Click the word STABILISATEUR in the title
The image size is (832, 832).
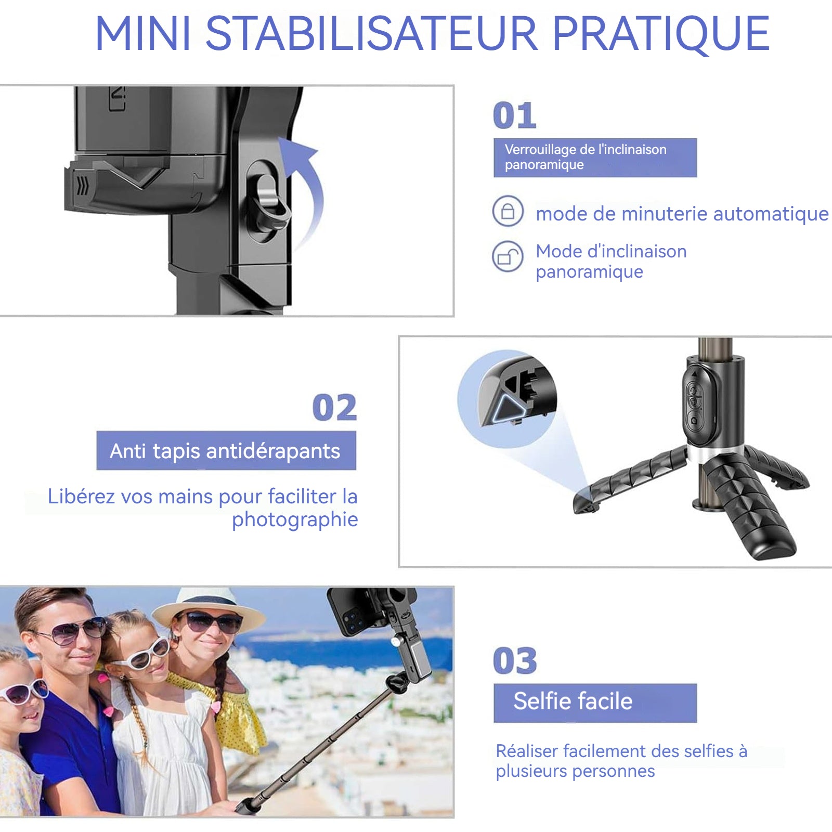pyautogui.click(x=372, y=33)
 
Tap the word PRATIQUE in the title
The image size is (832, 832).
pyautogui.click(x=660, y=34)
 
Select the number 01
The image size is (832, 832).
pyautogui.click(x=514, y=115)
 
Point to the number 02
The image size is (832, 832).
pyautogui.click(x=334, y=408)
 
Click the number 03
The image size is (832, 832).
pyautogui.click(x=515, y=661)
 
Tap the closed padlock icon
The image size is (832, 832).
pyautogui.click(x=508, y=211)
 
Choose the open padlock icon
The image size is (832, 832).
pyautogui.click(x=508, y=256)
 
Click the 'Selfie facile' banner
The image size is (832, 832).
pyautogui.click(x=595, y=703)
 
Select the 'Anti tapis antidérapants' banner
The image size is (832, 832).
pyautogui.click(x=226, y=450)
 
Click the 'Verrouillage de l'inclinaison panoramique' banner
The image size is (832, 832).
pyautogui.click(x=595, y=158)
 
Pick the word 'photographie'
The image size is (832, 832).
pyautogui.click(x=295, y=519)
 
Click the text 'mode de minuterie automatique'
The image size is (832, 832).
pyautogui.click(x=682, y=214)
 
